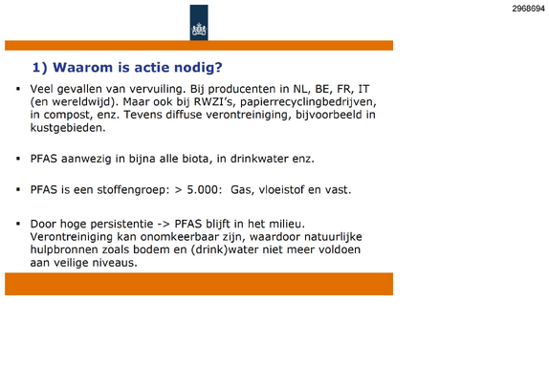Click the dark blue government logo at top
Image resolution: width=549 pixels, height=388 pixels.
pos(199,23)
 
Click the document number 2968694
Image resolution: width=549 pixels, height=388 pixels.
pos(528,9)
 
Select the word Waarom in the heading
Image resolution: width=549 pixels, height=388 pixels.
pos(82,67)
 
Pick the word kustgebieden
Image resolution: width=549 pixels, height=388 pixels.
pos(68,128)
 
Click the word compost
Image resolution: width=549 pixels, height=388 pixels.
pos(68,115)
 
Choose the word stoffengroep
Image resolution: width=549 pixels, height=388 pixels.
pos(133,190)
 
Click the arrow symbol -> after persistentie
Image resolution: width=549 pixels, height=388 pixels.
pos(164,224)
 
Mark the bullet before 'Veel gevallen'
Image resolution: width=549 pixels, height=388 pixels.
pos(18,89)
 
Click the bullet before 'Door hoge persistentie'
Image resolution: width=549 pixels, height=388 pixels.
pos(18,224)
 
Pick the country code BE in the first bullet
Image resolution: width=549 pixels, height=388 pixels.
pos(322,89)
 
